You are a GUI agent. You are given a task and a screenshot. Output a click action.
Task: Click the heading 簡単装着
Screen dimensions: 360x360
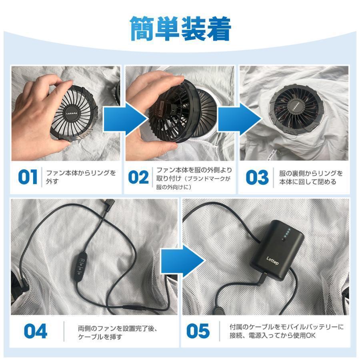pos(180,29)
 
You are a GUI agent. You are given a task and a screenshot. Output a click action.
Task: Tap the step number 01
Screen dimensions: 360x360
pos(28,177)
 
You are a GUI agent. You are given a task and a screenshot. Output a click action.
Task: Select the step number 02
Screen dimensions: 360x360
pos(138,177)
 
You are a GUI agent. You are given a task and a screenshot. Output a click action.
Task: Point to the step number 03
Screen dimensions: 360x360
pos(257,177)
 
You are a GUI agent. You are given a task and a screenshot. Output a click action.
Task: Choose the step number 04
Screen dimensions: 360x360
pos(36,331)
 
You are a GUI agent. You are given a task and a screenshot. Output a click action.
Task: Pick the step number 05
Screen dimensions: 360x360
pos(198,331)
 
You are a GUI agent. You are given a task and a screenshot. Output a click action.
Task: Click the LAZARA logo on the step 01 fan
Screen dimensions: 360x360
pos(72,114)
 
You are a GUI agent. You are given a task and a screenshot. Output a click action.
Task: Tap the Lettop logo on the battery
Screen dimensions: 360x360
pos(272,260)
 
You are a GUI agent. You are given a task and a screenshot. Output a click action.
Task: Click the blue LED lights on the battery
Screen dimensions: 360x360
pos(286,233)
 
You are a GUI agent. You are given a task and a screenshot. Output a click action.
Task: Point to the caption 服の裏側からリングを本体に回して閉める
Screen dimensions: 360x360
pos(311,178)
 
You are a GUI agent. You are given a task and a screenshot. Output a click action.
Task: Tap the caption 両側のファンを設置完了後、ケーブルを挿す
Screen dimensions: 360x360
pos(118,333)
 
